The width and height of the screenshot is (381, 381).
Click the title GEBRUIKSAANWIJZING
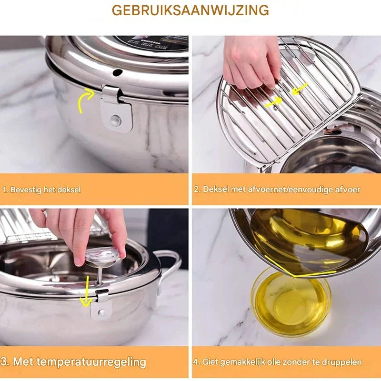pos(190,10)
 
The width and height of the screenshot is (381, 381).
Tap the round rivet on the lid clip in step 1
pos(116,120)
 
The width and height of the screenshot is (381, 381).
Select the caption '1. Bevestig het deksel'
pos(42,190)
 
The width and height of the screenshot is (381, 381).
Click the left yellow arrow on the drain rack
pos(273,101)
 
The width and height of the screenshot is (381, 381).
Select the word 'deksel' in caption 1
pos(69,190)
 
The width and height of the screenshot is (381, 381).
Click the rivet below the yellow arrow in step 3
pos(101,312)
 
